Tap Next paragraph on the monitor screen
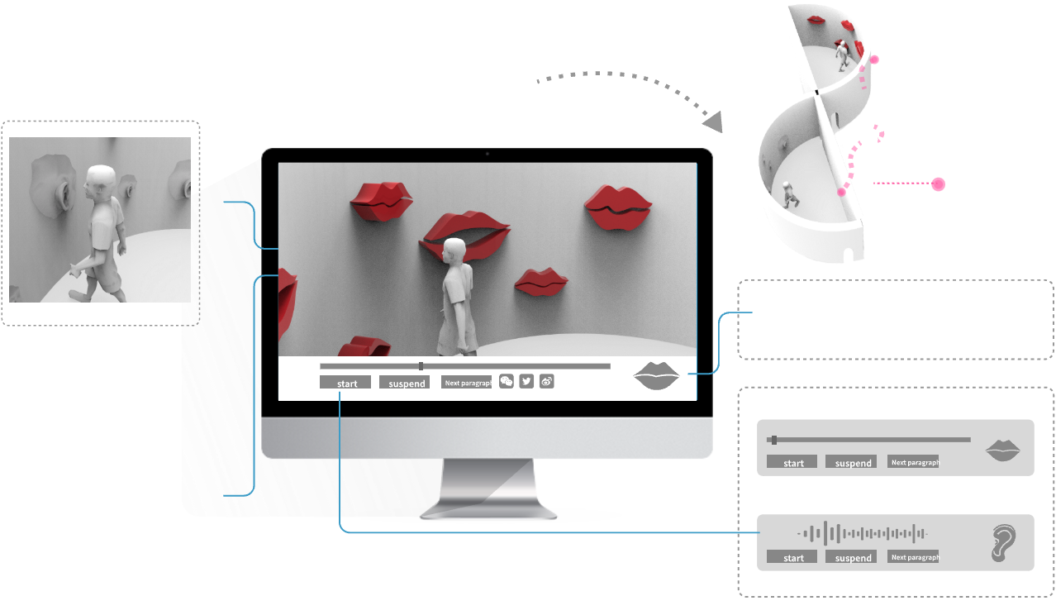466,382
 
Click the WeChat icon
507,381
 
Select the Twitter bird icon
526,381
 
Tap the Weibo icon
546,381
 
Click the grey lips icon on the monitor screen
656,376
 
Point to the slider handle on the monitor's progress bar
421,365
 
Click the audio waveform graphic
862,533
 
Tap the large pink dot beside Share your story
938,184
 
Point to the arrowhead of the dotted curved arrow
712,123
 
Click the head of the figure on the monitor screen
454,250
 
